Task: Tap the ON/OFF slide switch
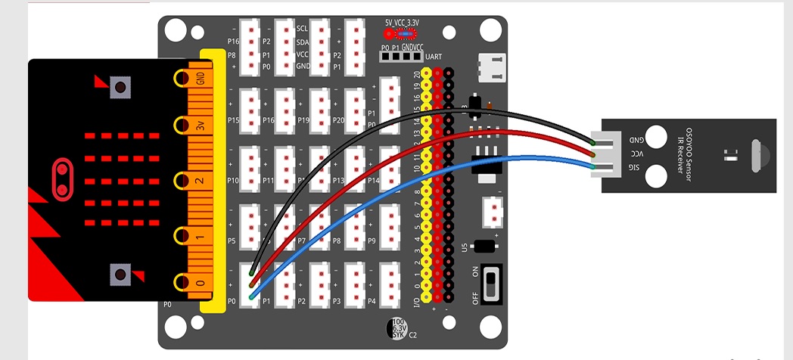click(x=491, y=284)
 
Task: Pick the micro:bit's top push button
click(x=119, y=87)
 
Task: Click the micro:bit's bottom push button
click(x=119, y=275)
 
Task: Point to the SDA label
click(x=303, y=42)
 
